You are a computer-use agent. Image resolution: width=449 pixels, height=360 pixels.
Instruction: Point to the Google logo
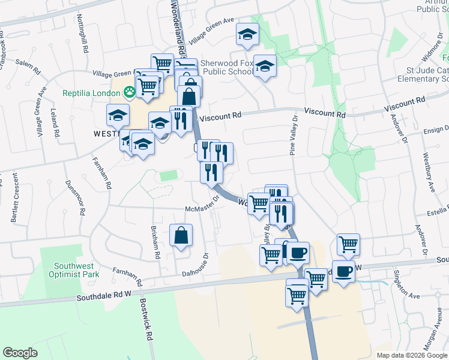20,353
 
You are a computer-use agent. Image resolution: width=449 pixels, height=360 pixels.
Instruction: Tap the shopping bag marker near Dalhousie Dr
181,236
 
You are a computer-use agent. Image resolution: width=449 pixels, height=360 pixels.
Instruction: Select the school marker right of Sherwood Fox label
264,66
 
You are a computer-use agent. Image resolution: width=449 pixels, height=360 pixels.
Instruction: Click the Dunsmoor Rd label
74,198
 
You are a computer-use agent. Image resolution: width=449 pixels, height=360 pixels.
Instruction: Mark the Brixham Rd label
156,244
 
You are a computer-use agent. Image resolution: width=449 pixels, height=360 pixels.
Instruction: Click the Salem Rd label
28,67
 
